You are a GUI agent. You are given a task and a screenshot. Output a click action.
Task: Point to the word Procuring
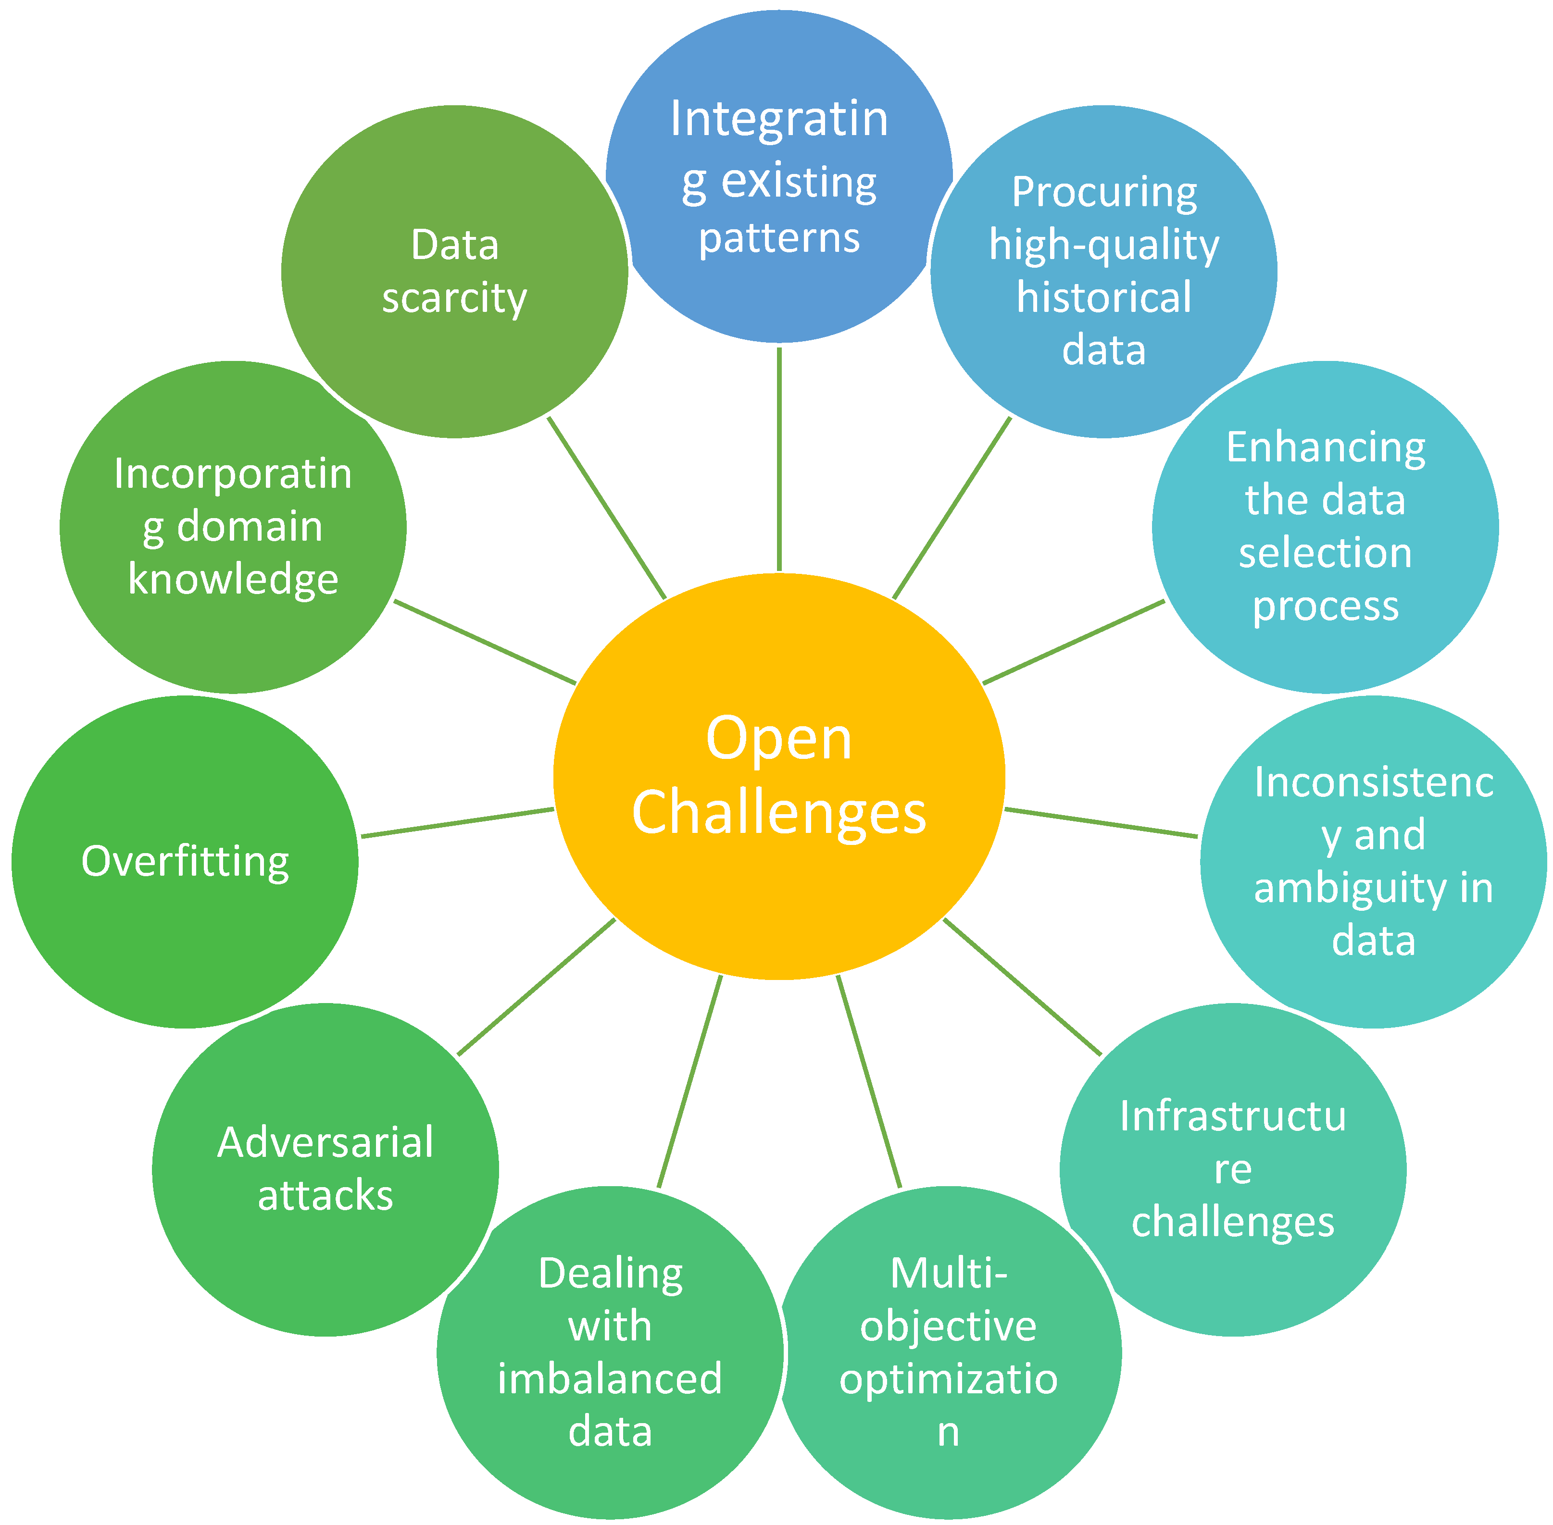[1104, 192]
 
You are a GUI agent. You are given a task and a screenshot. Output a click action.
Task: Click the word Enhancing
[1326, 447]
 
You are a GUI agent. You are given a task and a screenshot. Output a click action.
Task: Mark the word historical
[1104, 297]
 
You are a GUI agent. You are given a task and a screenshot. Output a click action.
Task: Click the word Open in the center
[779, 739]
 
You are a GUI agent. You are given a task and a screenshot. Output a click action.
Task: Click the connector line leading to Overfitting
[458, 822]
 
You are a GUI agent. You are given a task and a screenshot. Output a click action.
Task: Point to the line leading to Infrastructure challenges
[1023, 987]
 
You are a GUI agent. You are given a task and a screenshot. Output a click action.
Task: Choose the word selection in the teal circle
[1326, 553]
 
